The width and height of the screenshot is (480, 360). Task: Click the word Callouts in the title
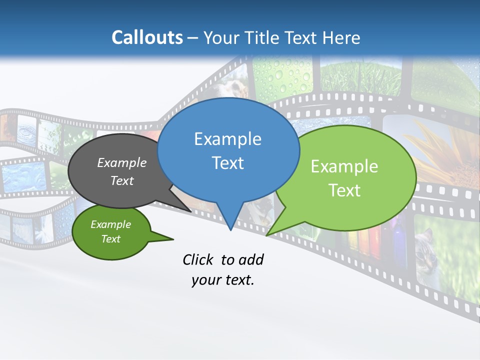tap(147, 37)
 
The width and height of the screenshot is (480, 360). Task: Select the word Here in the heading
tap(341, 37)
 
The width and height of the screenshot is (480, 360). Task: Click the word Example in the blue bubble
tap(227, 139)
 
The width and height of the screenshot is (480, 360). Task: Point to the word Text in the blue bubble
tap(227, 162)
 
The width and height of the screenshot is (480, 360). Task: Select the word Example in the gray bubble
tap(121, 162)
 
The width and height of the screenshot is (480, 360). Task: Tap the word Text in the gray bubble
tap(121, 180)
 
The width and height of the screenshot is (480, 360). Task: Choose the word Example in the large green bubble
tap(344, 166)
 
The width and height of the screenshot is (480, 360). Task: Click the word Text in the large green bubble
tap(344, 190)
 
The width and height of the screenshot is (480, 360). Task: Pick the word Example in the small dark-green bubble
tap(110, 224)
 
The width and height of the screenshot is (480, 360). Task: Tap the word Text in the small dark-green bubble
tap(110, 239)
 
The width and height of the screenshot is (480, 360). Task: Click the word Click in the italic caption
tap(199, 259)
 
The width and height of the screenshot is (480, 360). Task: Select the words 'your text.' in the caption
tap(222, 280)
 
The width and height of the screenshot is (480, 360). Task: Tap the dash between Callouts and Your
tap(193, 38)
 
